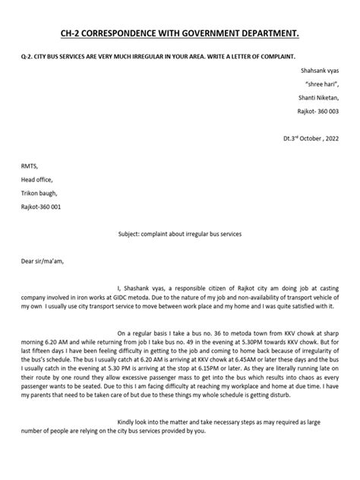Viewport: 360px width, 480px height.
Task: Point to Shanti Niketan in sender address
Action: point(317,96)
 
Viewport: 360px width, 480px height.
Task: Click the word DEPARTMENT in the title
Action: point(282,33)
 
